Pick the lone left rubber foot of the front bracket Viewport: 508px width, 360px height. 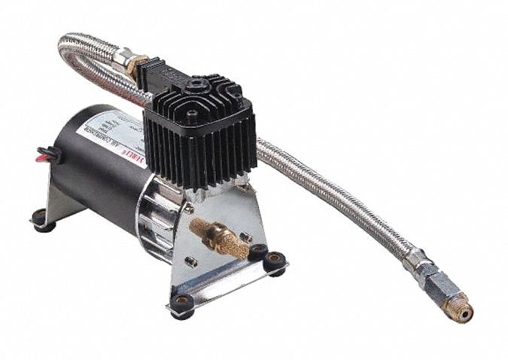coord(179,303)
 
